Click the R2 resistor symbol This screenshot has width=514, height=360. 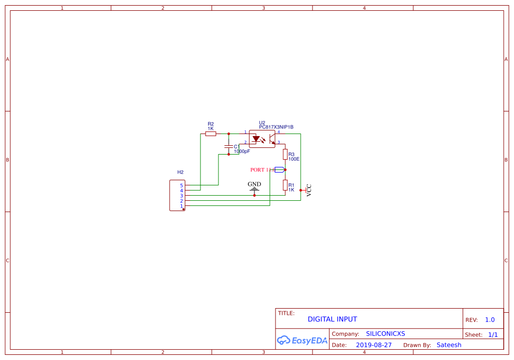(211, 134)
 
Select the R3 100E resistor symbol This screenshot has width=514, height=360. (285, 154)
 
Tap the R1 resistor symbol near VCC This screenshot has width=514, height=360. (285, 185)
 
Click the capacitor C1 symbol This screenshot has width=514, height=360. (229, 147)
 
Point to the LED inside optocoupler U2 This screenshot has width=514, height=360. (256, 139)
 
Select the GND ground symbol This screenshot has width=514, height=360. (254, 188)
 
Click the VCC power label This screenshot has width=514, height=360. (308, 190)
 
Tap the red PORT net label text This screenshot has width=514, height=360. (259, 169)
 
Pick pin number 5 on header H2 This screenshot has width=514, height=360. (181, 185)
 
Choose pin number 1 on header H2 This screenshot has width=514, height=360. (181, 206)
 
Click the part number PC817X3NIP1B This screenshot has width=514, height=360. (276, 127)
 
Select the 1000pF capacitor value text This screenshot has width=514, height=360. (242, 151)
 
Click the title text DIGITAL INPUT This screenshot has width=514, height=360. (332, 319)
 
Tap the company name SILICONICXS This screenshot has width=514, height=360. (385, 334)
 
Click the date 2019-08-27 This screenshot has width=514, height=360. (374, 345)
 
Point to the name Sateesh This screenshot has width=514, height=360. (449, 345)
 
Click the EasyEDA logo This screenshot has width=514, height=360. (302, 340)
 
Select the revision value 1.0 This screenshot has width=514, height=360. (489, 319)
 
